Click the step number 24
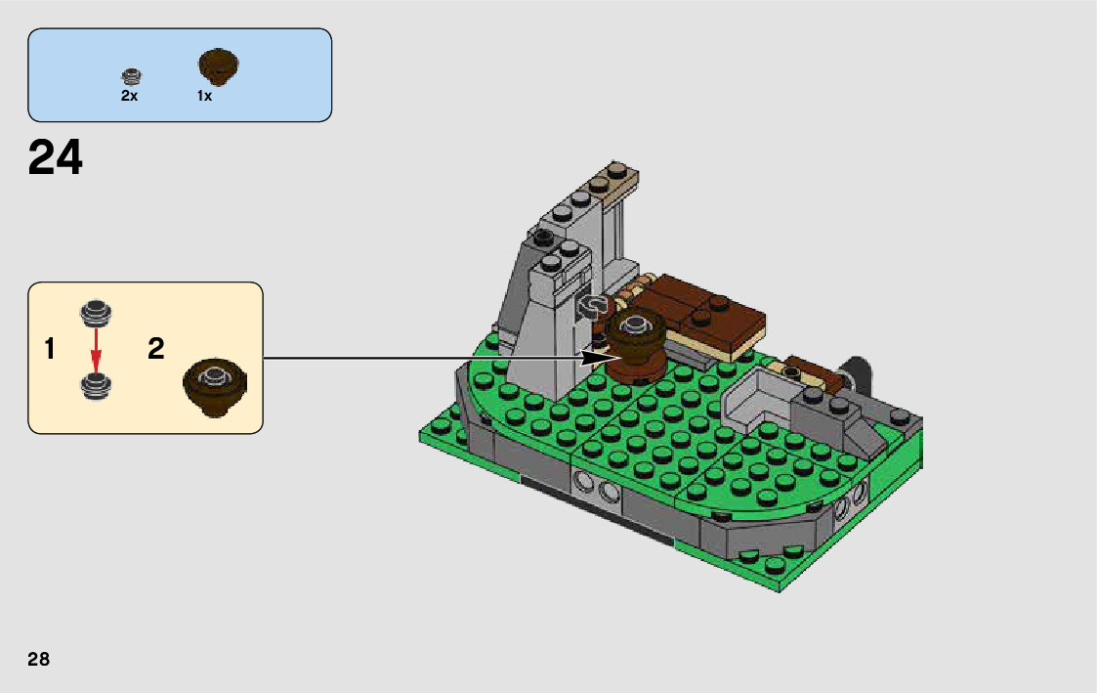point(56,157)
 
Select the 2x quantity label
point(130,97)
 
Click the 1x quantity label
point(204,97)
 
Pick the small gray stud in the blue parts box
point(132,75)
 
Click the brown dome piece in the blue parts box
point(219,66)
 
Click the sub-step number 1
point(49,349)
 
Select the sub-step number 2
point(156,349)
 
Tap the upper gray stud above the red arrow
point(95,312)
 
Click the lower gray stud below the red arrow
point(95,385)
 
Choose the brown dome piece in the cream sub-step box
point(215,383)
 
